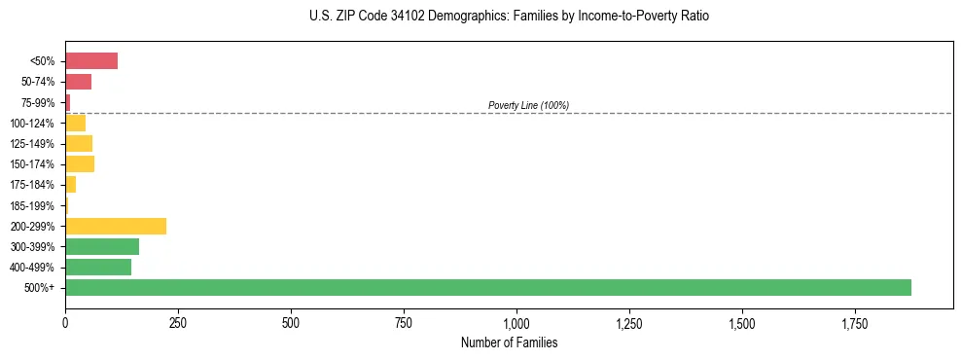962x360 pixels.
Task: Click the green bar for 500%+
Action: coord(487,287)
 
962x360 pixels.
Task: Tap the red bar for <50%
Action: coord(90,61)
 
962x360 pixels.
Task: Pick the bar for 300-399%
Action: coord(101,246)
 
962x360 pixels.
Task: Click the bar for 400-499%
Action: coord(97,267)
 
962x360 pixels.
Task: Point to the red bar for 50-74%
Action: coord(78,82)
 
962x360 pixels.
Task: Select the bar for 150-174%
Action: coord(79,163)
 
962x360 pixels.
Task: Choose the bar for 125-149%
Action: coord(78,143)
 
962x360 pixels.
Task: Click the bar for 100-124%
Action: coord(75,123)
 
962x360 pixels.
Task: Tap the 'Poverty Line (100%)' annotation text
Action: coord(528,105)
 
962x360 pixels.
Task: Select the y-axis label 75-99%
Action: coord(39,102)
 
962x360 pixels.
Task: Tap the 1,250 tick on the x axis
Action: coord(629,322)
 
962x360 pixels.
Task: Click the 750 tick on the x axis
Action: coord(404,322)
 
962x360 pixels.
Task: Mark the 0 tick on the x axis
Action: coord(65,322)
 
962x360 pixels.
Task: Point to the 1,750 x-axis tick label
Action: coord(855,322)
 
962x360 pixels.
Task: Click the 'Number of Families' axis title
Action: coord(509,342)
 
